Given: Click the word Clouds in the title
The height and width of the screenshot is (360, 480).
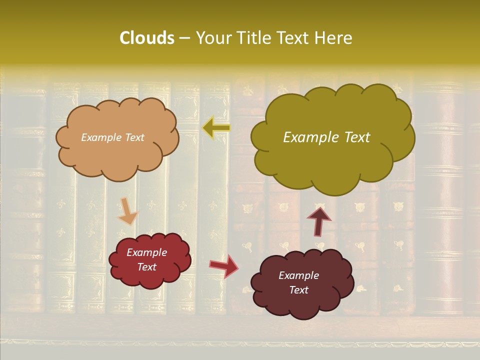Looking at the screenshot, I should pos(146,38).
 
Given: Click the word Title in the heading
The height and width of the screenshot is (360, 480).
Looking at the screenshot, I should pos(254,38).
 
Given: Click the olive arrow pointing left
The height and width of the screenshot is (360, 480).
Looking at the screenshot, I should pos(216,128).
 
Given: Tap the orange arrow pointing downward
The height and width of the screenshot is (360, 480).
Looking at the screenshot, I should pos(127,211).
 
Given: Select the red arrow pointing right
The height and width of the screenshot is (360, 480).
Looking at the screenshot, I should pos(223,266).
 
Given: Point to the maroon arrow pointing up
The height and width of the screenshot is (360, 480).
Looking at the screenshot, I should pos(318,220).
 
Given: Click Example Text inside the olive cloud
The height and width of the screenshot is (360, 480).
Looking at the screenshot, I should pos(326,137).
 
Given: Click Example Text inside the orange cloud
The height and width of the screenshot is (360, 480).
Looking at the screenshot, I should pos(112,137).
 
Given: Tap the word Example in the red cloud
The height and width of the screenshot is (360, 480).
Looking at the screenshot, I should pos(146,252).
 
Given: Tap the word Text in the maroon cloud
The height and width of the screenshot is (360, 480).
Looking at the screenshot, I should pos(298,290).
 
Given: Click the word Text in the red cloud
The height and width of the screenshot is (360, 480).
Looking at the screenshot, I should pos(146,267).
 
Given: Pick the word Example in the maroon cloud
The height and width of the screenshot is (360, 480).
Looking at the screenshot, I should pos(298,275).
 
